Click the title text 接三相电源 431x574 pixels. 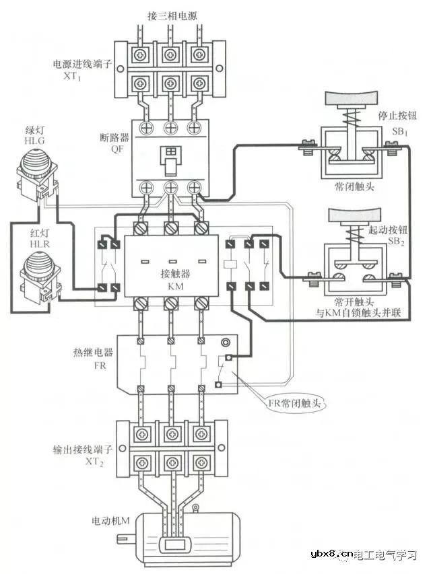pos(172,15)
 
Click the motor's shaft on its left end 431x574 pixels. pos(123,538)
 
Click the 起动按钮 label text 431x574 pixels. pos(389,231)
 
